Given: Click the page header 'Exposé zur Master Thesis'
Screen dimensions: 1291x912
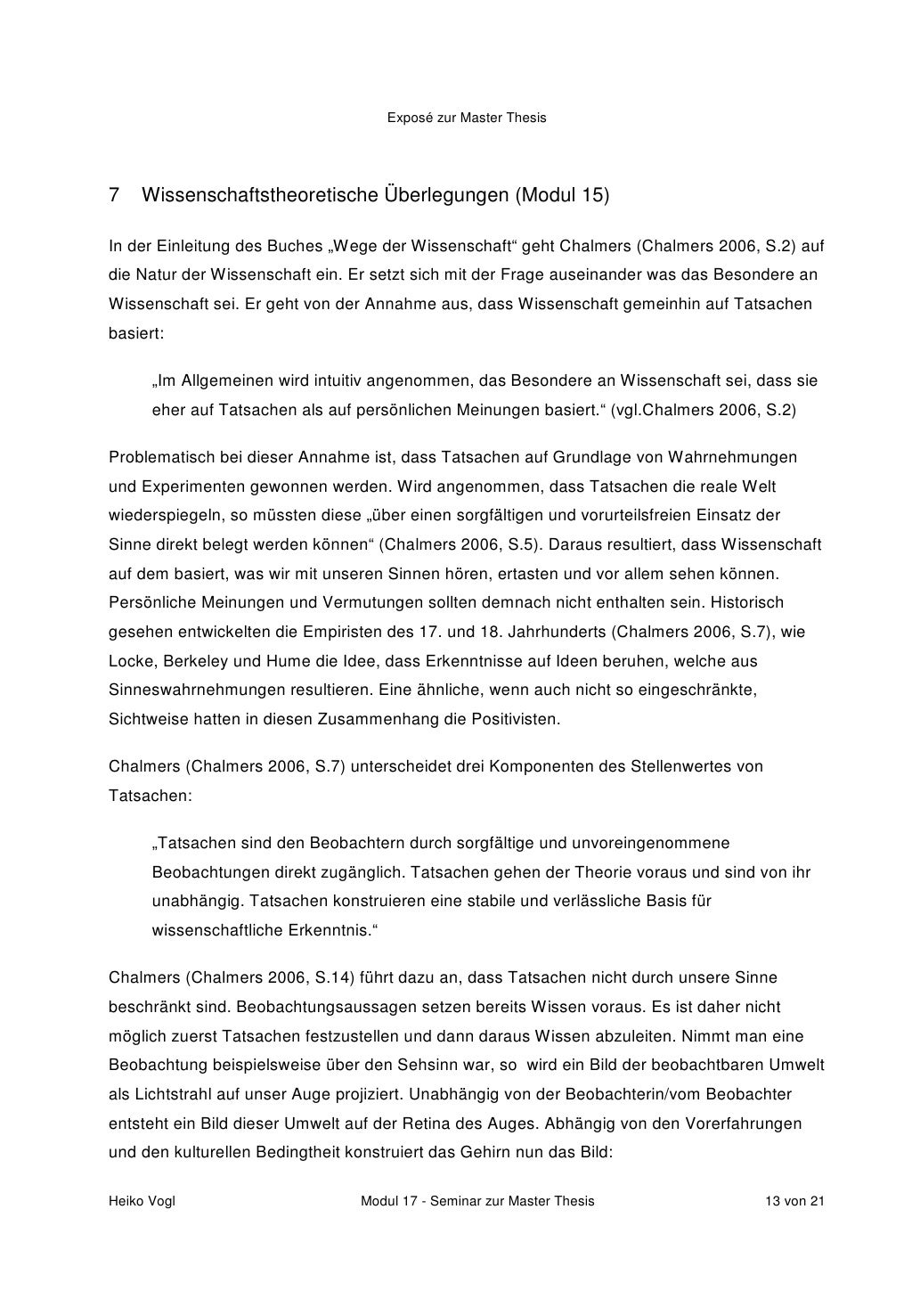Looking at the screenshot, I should point(467,118).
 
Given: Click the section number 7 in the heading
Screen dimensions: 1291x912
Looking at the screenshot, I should point(114,194).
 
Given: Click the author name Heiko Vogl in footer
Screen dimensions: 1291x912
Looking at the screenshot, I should point(142,1201).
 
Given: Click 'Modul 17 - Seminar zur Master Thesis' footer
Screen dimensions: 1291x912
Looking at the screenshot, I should point(476,1201).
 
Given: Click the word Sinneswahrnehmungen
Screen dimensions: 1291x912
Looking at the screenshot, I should point(185,690).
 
